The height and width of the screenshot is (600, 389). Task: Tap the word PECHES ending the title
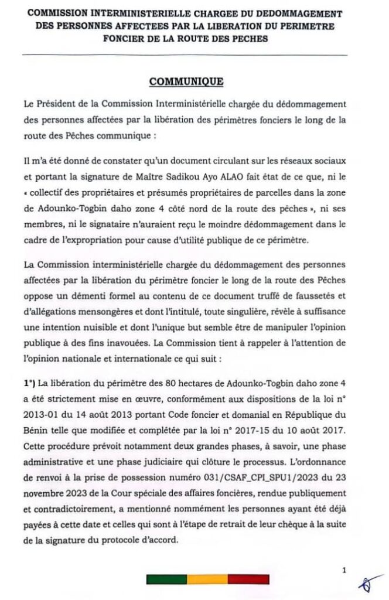(x=249, y=39)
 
